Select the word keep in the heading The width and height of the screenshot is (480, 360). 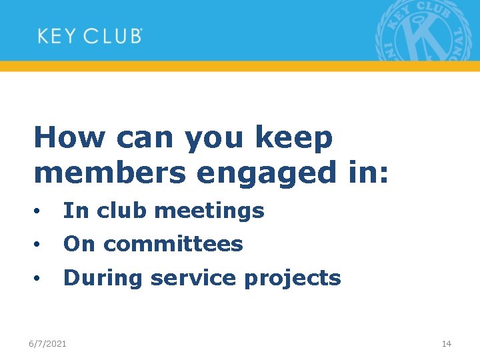pyautogui.click(x=293, y=138)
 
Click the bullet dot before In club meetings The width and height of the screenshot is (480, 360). pyautogui.click(x=41, y=212)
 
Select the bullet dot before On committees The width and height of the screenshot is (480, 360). pyautogui.click(x=41, y=245)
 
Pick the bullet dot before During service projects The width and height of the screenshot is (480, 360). pyautogui.click(x=41, y=279)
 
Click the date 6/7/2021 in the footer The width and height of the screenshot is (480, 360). pyautogui.click(x=47, y=343)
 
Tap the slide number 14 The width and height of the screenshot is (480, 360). pyautogui.click(x=447, y=343)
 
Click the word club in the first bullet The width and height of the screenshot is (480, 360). pyautogui.click(x=123, y=211)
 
